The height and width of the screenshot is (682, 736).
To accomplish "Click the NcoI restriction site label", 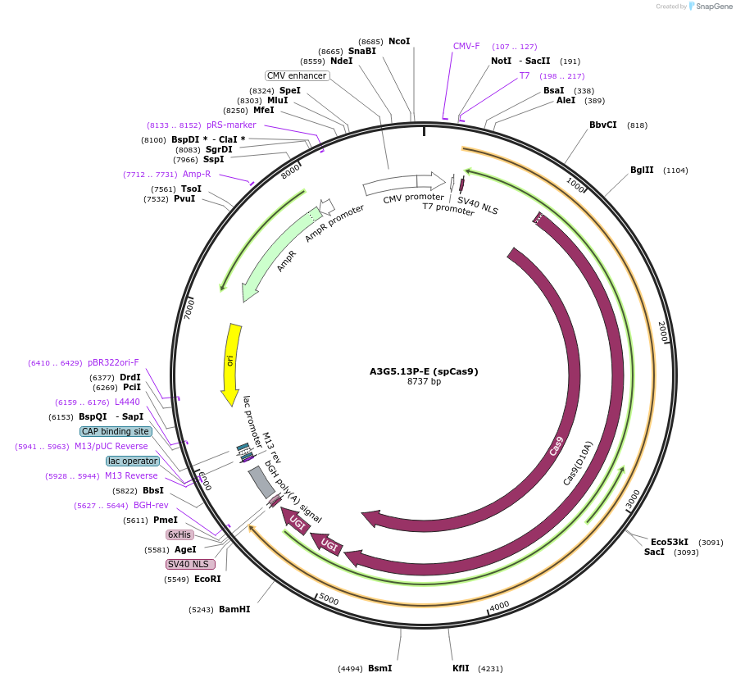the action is (x=399, y=41).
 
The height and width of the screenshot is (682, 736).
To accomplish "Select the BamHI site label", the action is (x=234, y=609).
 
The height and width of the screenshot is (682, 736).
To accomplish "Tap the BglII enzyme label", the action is (x=642, y=170).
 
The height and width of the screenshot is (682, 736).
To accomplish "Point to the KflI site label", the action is (x=461, y=668).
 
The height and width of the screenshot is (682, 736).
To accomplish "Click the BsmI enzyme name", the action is (x=379, y=668).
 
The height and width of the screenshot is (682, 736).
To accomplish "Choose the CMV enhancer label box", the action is (x=297, y=75).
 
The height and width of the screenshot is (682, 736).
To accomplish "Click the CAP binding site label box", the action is (x=116, y=431).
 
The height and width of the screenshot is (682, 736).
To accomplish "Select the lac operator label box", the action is (x=133, y=461).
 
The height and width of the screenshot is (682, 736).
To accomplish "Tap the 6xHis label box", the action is (x=179, y=534).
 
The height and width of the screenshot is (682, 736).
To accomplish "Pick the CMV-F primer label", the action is (x=466, y=46).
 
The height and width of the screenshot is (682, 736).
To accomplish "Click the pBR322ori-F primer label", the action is (x=113, y=362).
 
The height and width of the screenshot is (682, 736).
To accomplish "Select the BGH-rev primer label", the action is (x=151, y=505).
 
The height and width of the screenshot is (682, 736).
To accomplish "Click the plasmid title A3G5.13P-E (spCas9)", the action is (x=424, y=371).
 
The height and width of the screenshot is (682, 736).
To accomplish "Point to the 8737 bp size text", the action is (x=424, y=381).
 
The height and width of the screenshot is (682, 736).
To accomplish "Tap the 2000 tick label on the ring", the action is (x=662, y=331).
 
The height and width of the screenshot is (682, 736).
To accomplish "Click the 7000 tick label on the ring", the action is (x=189, y=310).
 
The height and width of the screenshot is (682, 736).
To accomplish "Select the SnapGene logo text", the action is (x=714, y=6).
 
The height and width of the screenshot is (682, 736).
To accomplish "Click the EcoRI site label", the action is (x=207, y=579).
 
